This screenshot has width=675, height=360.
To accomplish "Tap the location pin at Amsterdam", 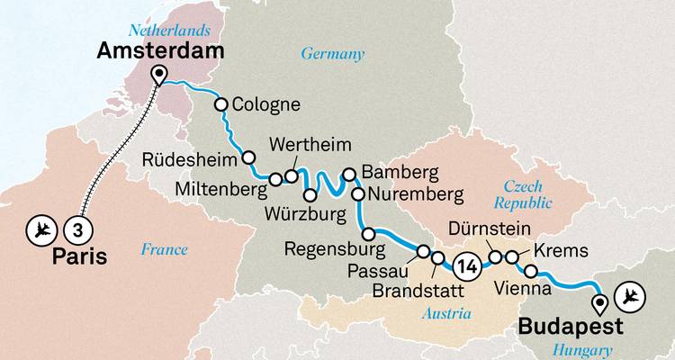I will [x=159, y=75].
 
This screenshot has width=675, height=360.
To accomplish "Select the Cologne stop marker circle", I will [x=220, y=104].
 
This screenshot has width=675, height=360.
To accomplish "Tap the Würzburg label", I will [x=310, y=215].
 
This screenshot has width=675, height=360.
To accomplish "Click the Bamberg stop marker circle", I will [x=350, y=175].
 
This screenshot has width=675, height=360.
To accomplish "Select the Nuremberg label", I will [x=415, y=193].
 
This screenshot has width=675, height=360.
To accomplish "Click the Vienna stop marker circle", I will [x=531, y=272].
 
